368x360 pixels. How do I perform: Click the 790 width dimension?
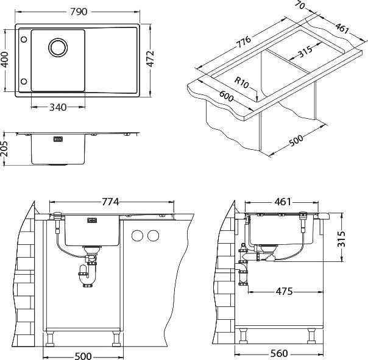click(x=79, y=12)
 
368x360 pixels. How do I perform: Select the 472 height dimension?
click(x=150, y=58)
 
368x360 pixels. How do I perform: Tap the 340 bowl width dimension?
click(x=58, y=107)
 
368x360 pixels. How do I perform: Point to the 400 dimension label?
click(x=5, y=60)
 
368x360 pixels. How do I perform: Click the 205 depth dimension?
click(x=4, y=149)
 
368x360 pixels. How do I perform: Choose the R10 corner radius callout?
click(x=241, y=83)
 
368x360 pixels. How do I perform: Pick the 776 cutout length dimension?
click(x=243, y=42)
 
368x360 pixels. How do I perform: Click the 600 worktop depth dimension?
click(x=226, y=96)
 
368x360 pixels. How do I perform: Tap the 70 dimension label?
click(x=300, y=5)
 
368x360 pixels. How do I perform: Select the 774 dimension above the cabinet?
click(x=110, y=202)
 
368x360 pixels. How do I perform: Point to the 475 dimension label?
click(x=284, y=292)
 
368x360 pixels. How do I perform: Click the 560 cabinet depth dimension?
click(x=279, y=353)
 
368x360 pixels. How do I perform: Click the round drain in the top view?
click(x=58, y=48)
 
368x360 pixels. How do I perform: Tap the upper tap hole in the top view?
click(x=24, y=40)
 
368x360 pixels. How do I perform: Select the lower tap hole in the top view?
click(x=24, y=82)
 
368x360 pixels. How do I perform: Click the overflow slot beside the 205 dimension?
click(x=58, y=139)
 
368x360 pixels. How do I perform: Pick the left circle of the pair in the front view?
click(x=138, y=235)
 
